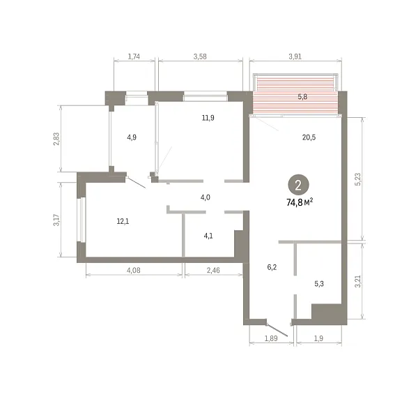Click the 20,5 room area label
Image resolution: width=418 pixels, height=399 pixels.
309,137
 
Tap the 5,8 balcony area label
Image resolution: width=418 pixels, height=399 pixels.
302,97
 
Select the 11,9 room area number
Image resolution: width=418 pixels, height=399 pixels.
208,118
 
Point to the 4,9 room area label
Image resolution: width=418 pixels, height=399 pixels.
132,137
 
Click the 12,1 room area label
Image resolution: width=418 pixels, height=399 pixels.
123,221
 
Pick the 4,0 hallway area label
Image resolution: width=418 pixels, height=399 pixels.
206,197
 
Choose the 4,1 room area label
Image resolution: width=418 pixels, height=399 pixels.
208,236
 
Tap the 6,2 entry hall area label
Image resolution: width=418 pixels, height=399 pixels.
272,267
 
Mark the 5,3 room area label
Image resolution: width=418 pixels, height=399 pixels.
319,284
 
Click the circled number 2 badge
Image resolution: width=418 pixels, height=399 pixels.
298,185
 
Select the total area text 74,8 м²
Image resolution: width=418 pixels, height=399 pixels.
300,202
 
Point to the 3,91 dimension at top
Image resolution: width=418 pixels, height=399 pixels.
295,57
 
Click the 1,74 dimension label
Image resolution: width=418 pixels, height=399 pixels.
134,57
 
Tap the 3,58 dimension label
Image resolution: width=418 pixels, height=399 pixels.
200,57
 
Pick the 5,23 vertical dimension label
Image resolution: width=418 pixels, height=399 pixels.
358,179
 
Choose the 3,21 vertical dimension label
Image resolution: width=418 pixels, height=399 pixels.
358,281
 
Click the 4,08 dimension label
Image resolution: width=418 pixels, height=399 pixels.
134,271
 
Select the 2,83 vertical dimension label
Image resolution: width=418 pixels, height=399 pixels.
56,139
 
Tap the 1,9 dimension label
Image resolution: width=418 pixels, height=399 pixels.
318,338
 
